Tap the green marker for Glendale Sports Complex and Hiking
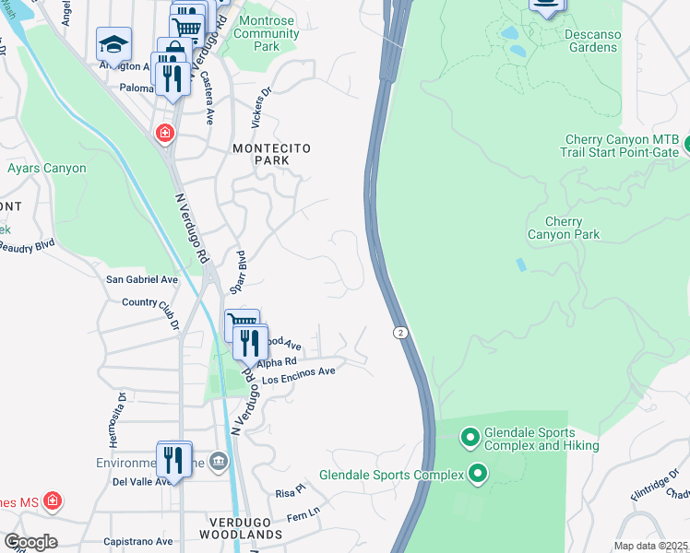(470, 436)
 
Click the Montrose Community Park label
(267, 33)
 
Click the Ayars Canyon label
(46, 169)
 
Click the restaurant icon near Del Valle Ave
(173, 459)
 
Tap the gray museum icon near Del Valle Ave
(218, 461)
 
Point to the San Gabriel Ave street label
(142, 279)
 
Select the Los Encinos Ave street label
(298, 374)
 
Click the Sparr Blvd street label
(241, 272)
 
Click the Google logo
(30, 542)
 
